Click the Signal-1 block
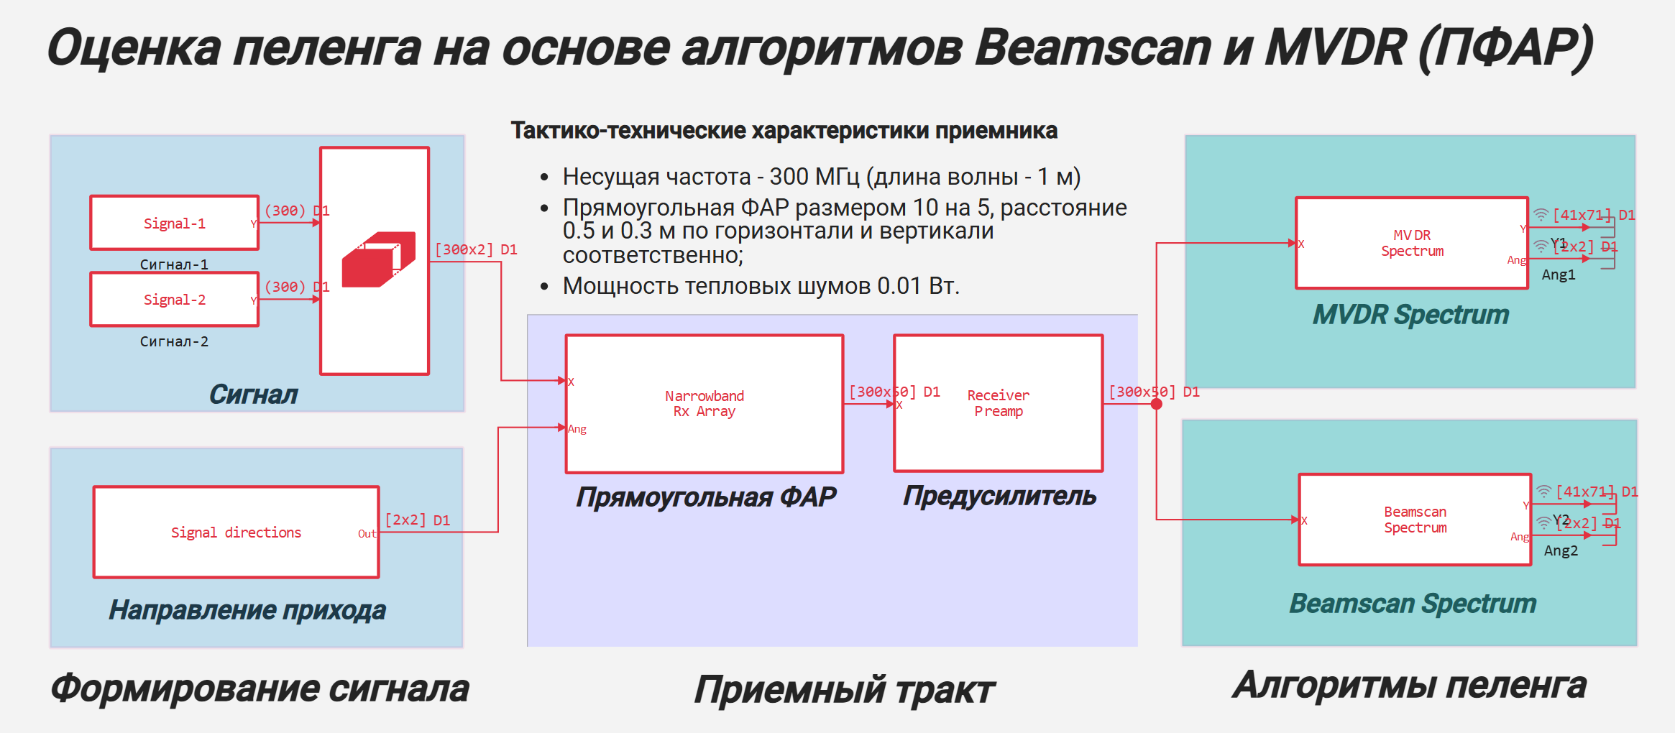pos(174,223)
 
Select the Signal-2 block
pos(174,299)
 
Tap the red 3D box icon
pos(379,259)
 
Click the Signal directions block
pos(236,532)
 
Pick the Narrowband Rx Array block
pos(704,403)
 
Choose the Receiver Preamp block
pos(998,403)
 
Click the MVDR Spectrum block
pos(1411,243)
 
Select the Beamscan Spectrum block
pos(1415,520)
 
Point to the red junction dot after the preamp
pos(1156,404)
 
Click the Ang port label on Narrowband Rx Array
pos(577,429)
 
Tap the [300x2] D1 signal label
pos(475,249)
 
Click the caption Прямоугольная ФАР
pos(706,497)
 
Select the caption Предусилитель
pos(999,496)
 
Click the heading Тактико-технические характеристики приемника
pos(784,131)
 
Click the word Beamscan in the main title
pos(1093,47)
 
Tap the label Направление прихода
pos(247,610)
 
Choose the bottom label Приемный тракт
pos(844,690)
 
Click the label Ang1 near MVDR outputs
pos(1558,275)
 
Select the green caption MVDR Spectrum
pos(1410,315)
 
